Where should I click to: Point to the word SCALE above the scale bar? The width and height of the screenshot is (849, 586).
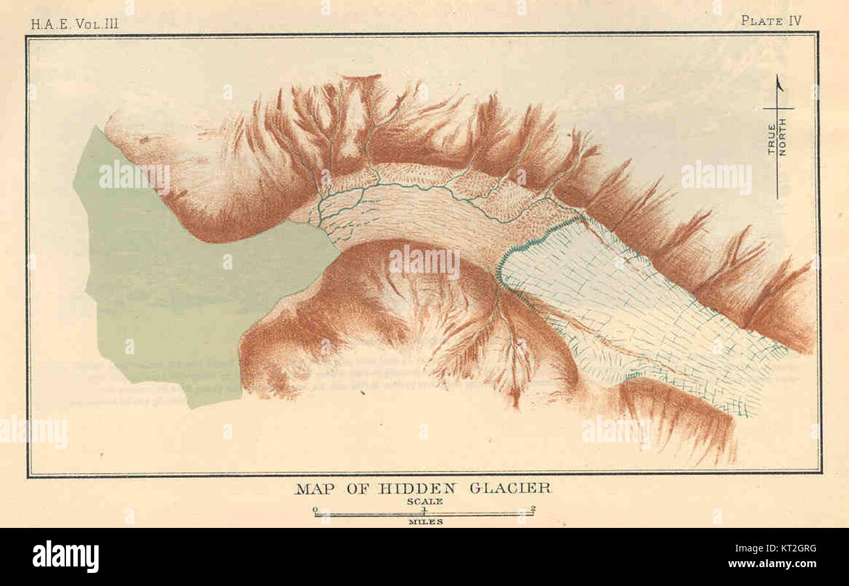pos(424,501)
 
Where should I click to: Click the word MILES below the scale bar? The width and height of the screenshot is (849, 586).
pos(425,521)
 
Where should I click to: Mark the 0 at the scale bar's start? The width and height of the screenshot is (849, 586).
pos(315,509)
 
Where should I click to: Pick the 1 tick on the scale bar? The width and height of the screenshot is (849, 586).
pos(424,509)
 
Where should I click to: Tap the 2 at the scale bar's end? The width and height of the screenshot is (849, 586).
pos(534,509)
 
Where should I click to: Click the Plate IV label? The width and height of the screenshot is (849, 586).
pos(771,20)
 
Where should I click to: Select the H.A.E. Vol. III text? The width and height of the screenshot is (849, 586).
pos(74,24)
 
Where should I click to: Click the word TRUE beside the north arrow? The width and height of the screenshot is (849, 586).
pos(771,139)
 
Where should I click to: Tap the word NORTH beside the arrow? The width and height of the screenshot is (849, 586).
pos(782,137)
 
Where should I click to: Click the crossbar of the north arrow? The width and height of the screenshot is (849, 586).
pos(778,108)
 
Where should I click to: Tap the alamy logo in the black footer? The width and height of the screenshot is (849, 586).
pos(65,557)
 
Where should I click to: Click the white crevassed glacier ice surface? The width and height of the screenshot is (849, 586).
pos(620,307)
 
